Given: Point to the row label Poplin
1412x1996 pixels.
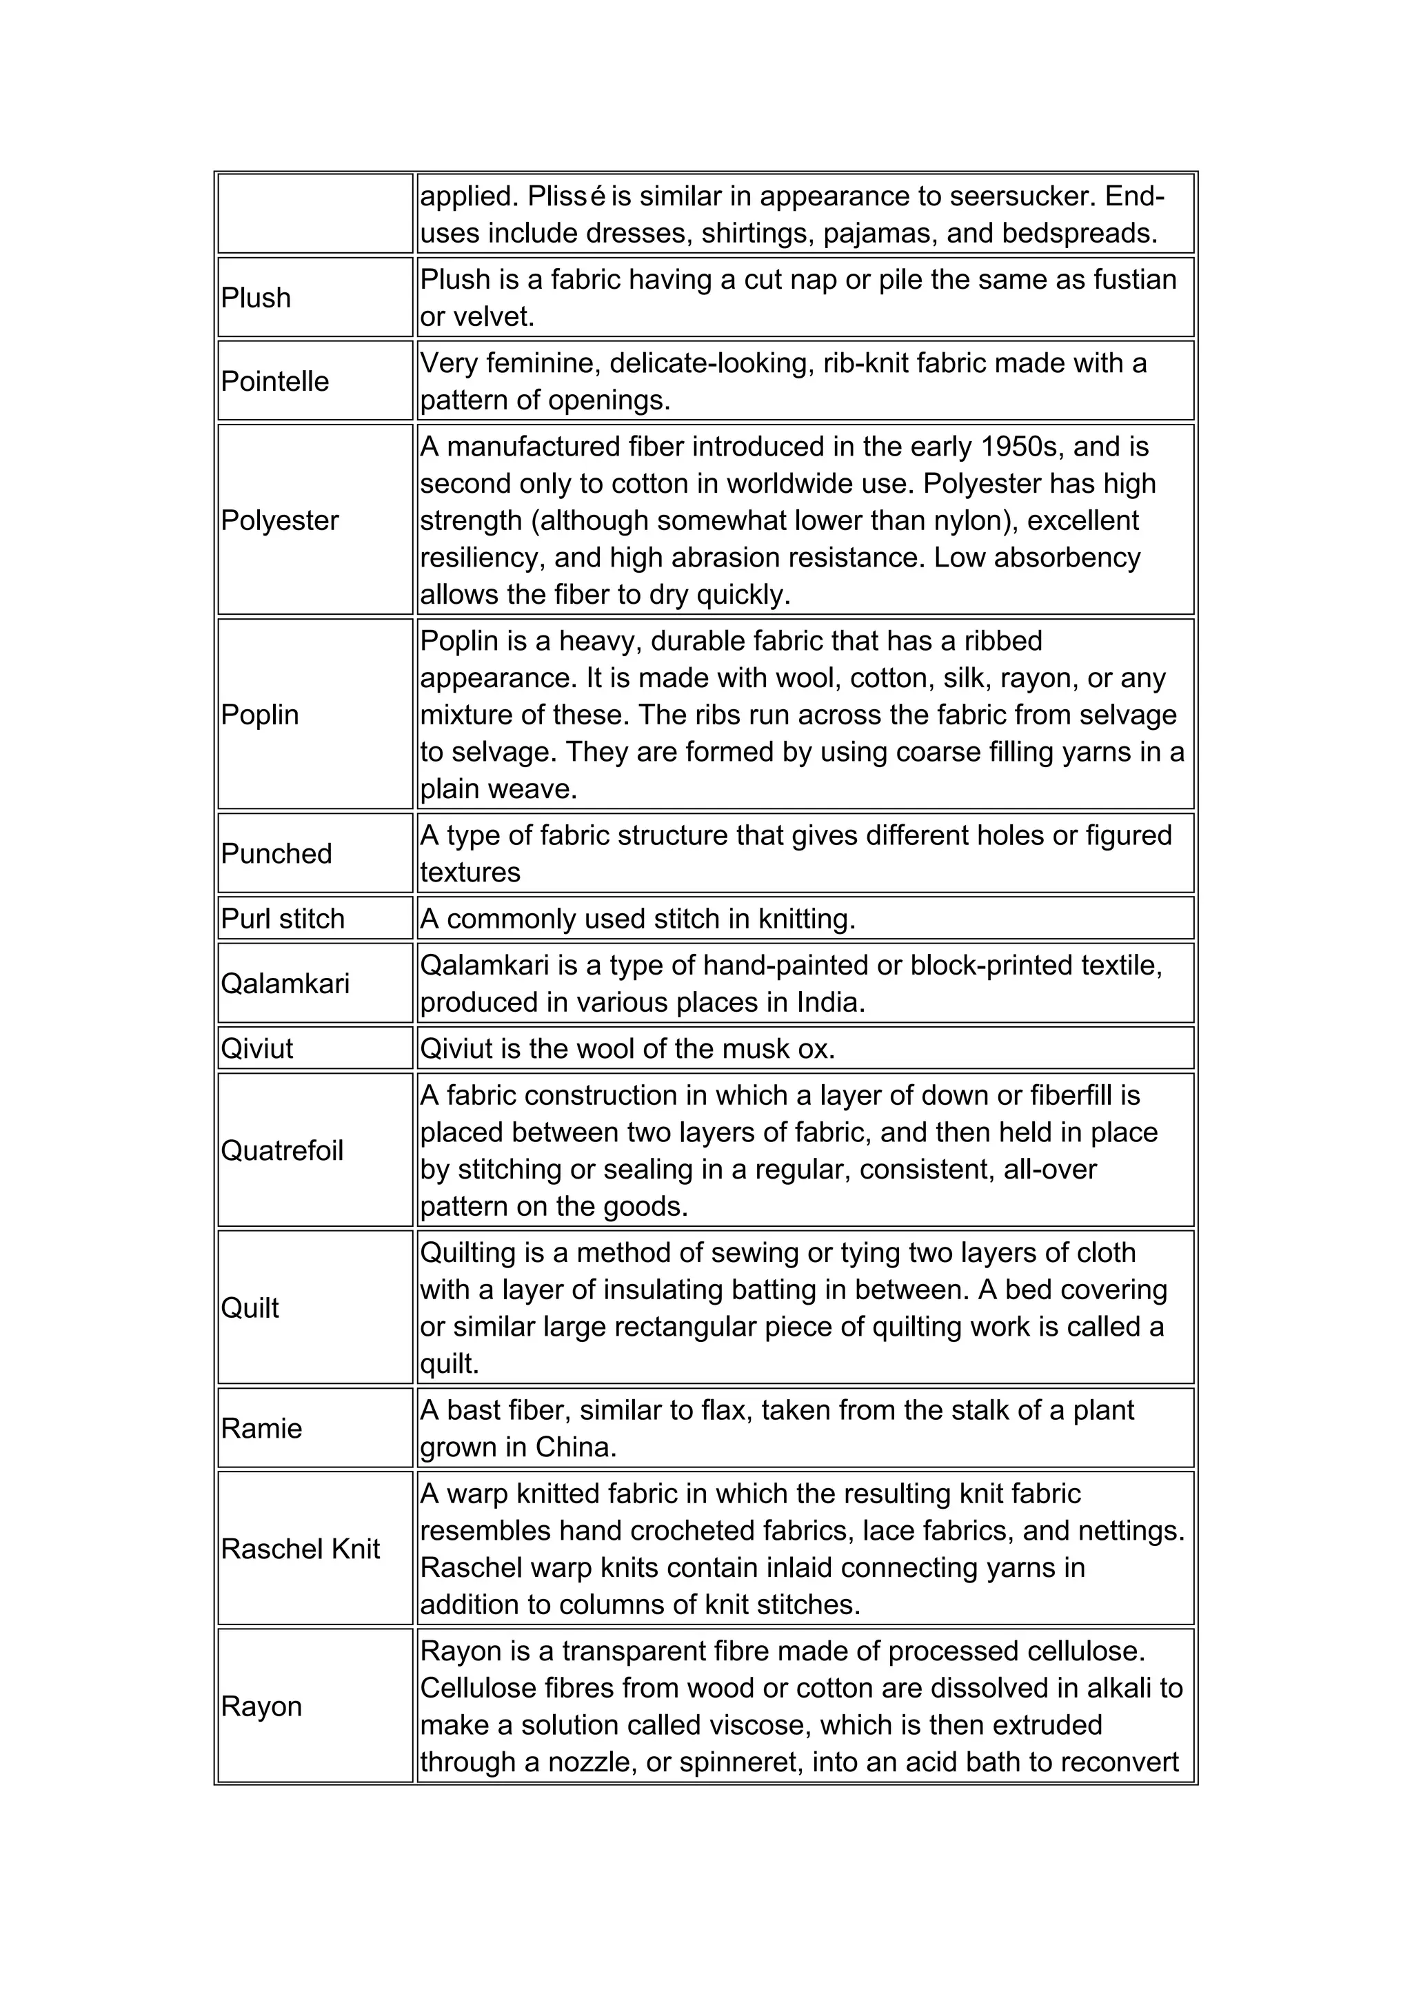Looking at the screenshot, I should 259,715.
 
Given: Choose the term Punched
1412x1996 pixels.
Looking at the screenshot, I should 276,854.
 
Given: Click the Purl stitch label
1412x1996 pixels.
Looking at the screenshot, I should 283,919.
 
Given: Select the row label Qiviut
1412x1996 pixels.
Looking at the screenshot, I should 256,1049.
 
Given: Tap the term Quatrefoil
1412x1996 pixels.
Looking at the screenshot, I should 282,1151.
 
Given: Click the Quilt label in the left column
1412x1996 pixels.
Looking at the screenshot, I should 250,1308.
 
